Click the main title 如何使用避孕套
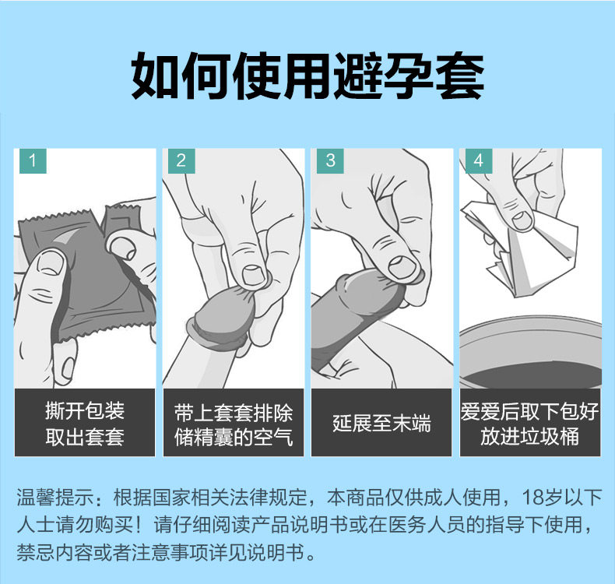[307, 76]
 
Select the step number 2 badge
[181, 161]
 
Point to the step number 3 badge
[329, 161]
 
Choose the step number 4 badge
[477, 161]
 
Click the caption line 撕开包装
[85, 411]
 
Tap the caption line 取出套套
[85, 437]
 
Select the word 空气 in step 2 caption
[273, 437]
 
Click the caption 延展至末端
[381, 424]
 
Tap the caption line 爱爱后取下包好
[530, 411]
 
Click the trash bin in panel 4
[529, 354]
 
